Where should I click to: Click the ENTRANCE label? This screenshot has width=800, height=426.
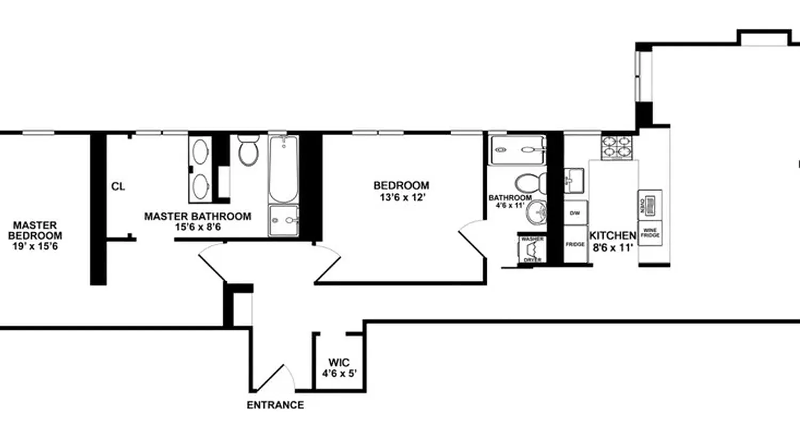[275, 405]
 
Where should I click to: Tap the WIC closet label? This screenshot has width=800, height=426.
[339, 363]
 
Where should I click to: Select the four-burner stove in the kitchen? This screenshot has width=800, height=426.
[617, 147]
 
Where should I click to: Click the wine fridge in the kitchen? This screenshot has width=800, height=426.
[650, 233]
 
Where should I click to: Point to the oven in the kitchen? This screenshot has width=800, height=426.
[650, 204]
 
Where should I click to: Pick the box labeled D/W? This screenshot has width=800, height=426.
[575, 212]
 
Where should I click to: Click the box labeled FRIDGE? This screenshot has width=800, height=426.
[575, 244]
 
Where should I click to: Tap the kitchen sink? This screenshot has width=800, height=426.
[573, 180]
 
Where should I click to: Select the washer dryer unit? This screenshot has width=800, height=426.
[531, 248]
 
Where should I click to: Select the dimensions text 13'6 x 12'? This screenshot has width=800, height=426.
[401, 196]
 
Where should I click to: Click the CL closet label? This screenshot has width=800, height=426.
[118, 187]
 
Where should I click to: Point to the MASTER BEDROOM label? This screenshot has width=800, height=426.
[36, 231]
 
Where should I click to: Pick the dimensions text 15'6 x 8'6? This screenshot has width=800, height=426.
[197, 227]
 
